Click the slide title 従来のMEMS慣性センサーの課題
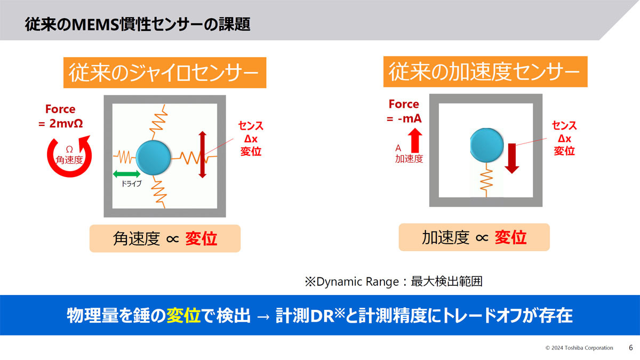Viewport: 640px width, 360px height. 138,25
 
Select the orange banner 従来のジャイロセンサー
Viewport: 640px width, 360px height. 165,73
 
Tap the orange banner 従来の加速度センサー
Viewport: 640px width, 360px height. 485,71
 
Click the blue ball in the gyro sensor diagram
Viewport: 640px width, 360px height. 153,157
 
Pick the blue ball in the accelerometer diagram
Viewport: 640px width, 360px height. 487,145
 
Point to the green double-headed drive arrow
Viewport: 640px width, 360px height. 126,174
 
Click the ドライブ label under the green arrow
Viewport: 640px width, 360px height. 131,183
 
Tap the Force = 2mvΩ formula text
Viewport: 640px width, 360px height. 61,116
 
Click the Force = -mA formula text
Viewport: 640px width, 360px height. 404,111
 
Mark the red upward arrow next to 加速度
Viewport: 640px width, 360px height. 415,140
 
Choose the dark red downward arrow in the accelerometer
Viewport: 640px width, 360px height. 511,158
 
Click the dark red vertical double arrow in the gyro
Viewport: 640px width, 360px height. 203,155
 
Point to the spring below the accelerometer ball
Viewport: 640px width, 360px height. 486,180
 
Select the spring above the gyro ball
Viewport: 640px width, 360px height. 157,122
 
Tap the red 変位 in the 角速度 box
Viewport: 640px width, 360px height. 201,238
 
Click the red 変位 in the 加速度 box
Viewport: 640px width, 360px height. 510,237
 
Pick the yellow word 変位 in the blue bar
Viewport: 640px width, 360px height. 183,315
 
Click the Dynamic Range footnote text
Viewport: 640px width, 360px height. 394,282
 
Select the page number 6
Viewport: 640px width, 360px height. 631,348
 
